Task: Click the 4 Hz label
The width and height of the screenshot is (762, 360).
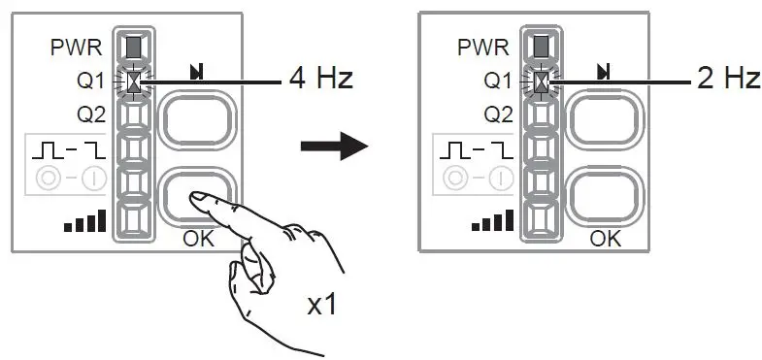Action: (320, 79)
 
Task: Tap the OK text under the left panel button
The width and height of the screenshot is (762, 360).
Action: (199, 239)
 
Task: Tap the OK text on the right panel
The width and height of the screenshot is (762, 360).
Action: (606, 239)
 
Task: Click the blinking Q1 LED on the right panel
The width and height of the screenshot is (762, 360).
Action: (542, 81)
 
